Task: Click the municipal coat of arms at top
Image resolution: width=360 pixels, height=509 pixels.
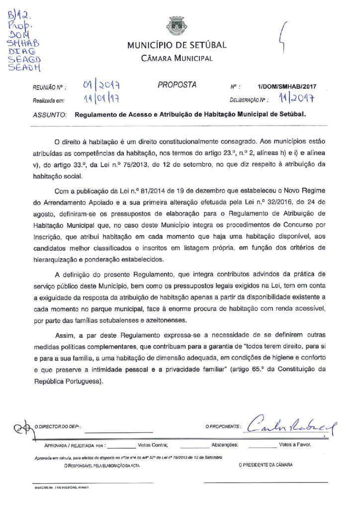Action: pos(177,26)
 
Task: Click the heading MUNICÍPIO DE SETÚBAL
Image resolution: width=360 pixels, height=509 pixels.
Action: pos(177,45)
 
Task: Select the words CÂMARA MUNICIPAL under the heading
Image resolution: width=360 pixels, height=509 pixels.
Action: pos(177,58)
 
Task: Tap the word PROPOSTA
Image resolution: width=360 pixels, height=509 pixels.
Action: pos(177,85)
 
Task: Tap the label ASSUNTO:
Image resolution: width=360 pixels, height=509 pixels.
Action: pos(50,114)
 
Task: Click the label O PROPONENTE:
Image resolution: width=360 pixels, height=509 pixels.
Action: pos(223,427)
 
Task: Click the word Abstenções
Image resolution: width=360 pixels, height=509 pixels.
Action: pos(225,445)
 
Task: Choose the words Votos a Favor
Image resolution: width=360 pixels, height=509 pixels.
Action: pos(295,445)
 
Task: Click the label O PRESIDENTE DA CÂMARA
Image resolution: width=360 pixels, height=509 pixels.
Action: pos(265,465)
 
